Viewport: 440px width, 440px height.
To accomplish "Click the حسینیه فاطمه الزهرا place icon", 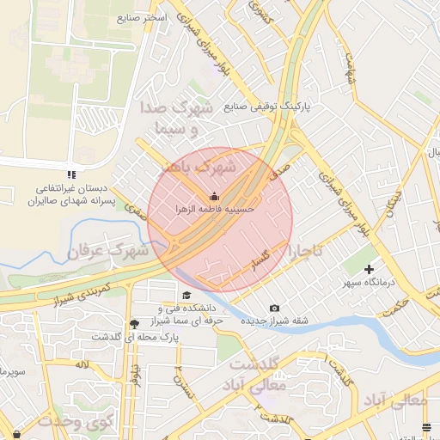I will tap(214, 195).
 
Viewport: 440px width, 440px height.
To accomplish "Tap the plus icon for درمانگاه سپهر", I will tap(370, 270).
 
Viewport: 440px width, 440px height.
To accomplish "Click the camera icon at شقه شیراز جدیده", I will tap(274, 309).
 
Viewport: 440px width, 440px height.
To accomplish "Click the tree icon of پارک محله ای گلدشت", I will tap(133, 324).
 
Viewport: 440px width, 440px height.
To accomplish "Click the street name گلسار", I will tap(260, 262).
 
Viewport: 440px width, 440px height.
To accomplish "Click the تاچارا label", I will tap(306, 252).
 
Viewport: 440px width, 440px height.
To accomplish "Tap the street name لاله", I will tap(83, 365).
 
